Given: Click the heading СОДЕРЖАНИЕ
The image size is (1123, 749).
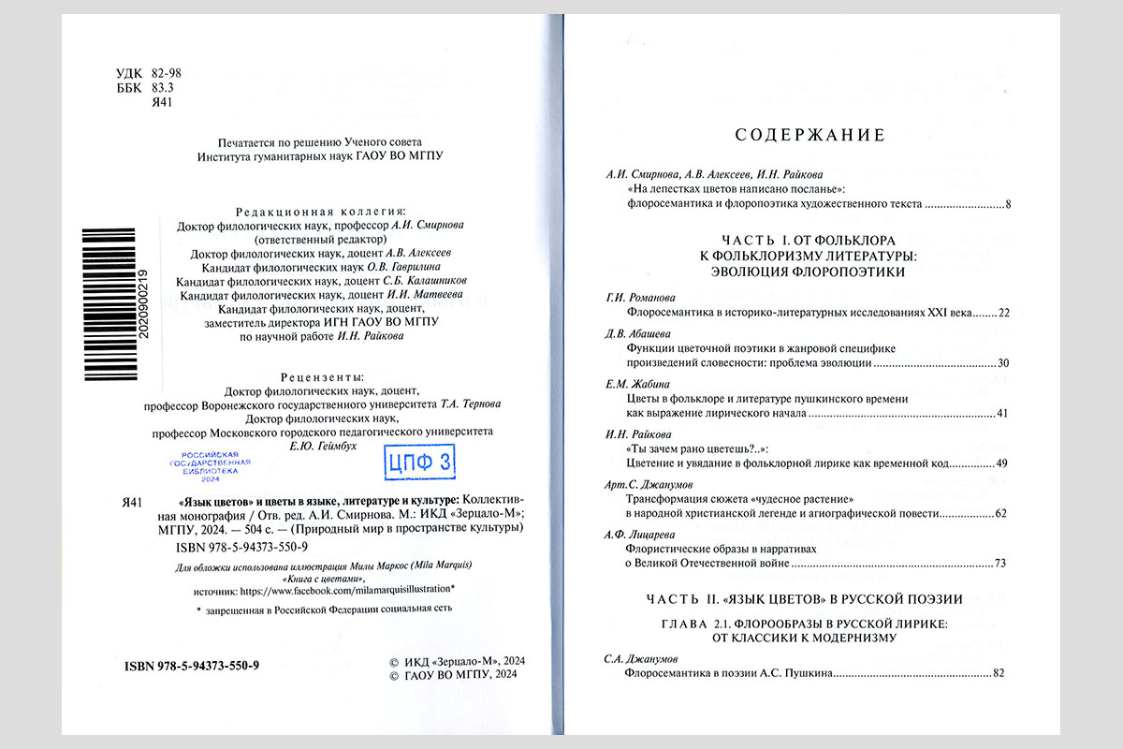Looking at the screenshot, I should [809, 136].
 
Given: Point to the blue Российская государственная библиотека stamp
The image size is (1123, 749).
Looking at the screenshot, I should [210, 465].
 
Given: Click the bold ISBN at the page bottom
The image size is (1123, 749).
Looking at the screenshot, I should [191, 665].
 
